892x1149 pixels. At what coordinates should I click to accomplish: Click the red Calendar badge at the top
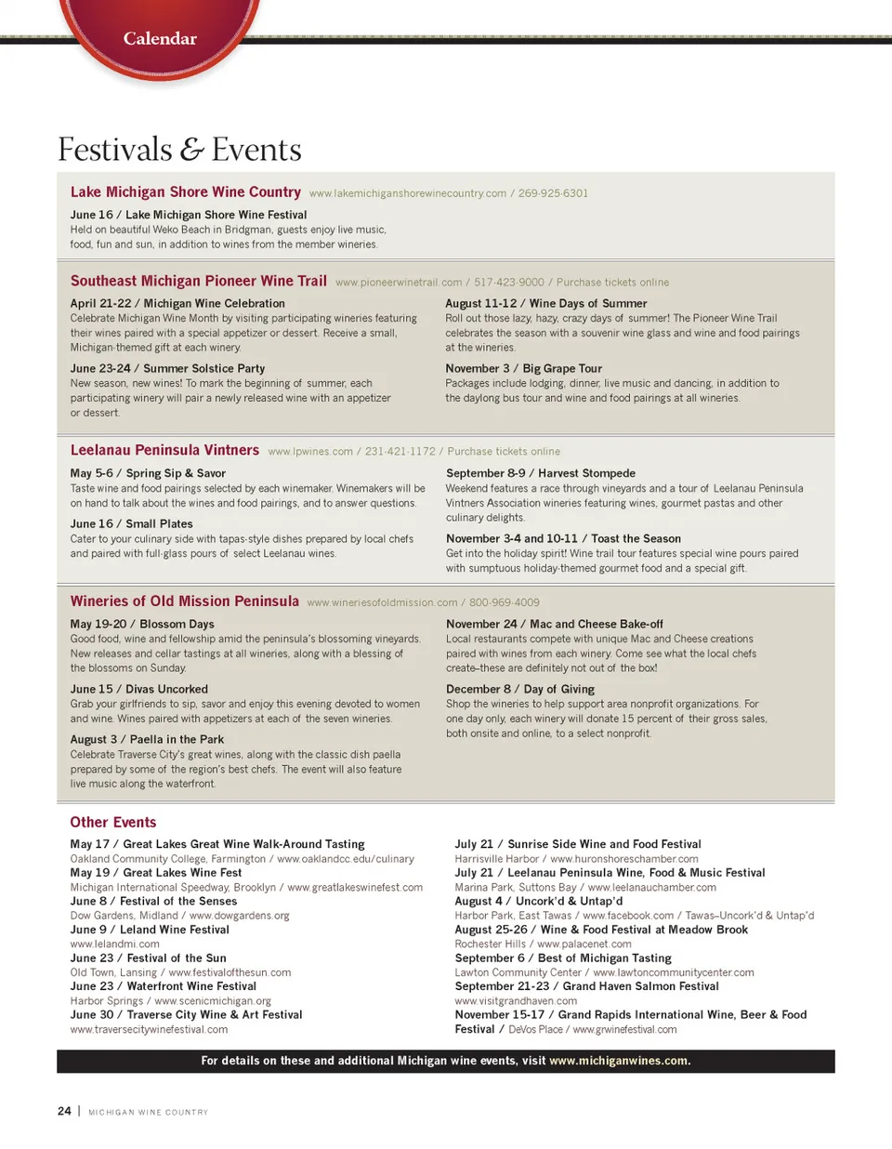click(x=160, y=38)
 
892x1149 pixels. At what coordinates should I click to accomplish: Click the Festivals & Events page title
click(x=179, y=150)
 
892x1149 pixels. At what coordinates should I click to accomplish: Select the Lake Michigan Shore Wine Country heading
click(x=186, y=191)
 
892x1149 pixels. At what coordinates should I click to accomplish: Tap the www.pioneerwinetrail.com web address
click(x=399, y=283)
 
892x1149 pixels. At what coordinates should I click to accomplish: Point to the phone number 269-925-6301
click(x=553, y=193)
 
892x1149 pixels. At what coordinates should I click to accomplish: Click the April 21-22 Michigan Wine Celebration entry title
click(x=177, y=303)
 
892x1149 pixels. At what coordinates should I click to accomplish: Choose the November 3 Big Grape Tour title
click(x=523, y=368)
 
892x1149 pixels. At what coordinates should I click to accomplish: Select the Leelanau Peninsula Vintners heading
click(x=164, y=450)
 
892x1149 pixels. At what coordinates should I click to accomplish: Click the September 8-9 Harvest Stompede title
click(x=541, y=473)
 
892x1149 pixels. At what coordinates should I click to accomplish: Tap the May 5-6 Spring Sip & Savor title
click(x=148, y=473)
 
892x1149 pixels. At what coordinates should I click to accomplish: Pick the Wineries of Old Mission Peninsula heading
click(x=185, y=601)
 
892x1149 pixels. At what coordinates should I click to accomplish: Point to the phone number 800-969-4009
click(x=504, y=602)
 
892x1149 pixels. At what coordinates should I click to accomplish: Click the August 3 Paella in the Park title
click(x=147, y=739)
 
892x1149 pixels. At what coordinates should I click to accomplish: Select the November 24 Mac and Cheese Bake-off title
click(x=554, y=624)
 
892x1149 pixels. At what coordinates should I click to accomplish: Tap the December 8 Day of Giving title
click(x=519, y=689)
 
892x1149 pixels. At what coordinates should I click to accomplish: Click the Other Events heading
click(x=113, y=822)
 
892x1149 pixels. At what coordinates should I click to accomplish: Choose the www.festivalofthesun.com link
click(x=230, y=972)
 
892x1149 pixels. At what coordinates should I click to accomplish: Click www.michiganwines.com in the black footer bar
click(x=619, y=1061)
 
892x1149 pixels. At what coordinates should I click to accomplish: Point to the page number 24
click(x=64, y=1111)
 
